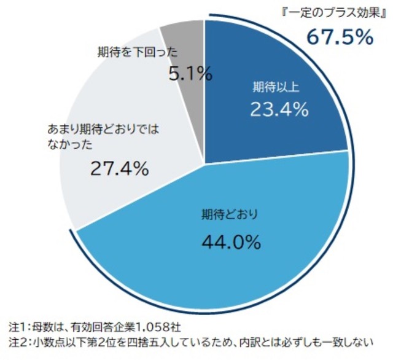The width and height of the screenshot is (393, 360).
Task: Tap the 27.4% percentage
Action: (119, 168)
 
